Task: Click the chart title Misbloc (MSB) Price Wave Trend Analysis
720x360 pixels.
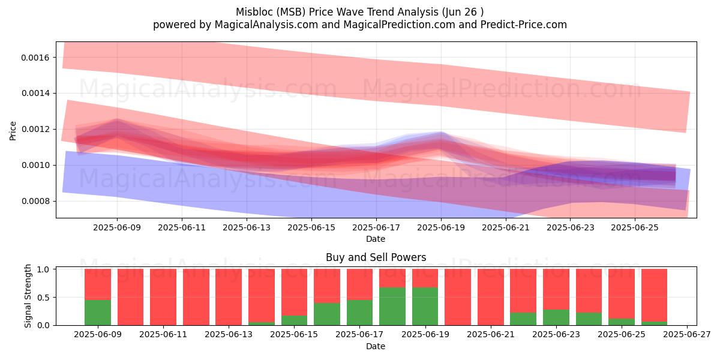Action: click(337, 12)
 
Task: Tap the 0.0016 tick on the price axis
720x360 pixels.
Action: click(35, 58)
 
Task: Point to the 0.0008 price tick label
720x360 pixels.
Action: click(35, 201)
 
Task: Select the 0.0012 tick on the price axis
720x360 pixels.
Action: click(35, 129)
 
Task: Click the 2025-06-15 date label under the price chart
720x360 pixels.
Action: click(311, 227)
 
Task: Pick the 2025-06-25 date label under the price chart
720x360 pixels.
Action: click(635, 227)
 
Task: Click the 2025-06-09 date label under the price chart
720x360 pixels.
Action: click(117, 227)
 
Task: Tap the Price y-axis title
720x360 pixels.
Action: click(13, 131)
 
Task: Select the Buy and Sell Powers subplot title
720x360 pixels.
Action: click(376, 257)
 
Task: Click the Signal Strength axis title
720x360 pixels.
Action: click(28, 296)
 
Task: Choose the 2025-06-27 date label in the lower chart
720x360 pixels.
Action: click(687, 335)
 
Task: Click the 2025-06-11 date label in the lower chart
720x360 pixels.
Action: click(163, 335)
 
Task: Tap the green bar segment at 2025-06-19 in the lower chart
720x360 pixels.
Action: click(425, 307)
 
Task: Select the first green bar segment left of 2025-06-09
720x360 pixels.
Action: click(98, 313)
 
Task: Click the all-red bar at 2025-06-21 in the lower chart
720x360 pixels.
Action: click(491, 297)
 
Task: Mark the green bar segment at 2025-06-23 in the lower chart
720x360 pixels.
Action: click(556, 317)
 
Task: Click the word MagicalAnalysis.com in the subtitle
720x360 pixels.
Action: click(266, 25)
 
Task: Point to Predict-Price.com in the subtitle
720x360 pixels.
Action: click(524, 25)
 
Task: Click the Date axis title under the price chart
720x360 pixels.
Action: click(376, 239)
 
